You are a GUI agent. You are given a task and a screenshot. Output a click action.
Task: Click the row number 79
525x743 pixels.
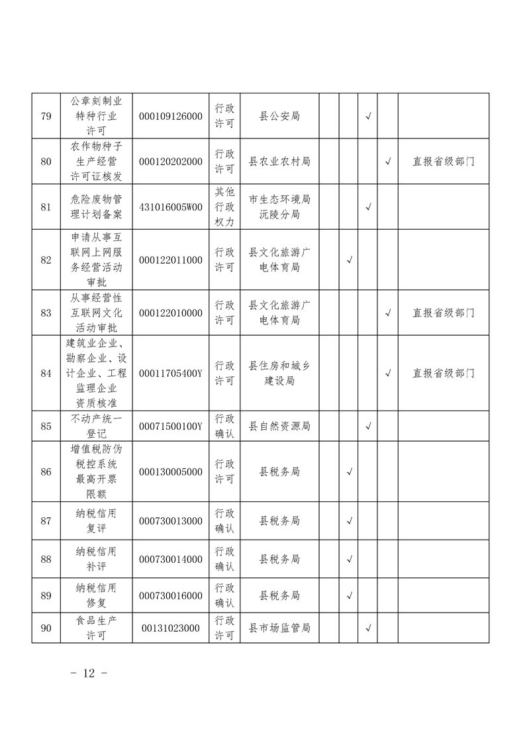(x=46, y=117)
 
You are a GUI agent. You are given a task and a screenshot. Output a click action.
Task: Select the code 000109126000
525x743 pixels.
(x=171, y=117)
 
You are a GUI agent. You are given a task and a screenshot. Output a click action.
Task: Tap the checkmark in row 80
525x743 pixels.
(x=388, y=161)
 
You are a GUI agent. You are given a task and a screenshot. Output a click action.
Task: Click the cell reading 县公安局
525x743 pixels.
(x=279, y=117)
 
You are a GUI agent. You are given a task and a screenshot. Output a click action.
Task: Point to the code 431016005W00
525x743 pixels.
(x=171, y=207)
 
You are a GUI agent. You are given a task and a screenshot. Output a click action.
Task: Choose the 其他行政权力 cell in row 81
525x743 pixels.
(x=224, y=207)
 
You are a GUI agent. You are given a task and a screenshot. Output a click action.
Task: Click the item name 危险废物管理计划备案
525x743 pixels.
(x=96, y=207)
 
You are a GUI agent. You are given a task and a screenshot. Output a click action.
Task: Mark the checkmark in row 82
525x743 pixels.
(x=349, y=260)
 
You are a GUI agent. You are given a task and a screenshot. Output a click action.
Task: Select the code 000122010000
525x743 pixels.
(x=171, y=313)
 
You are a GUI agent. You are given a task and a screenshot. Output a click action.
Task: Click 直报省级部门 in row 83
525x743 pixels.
(x=444, y=313)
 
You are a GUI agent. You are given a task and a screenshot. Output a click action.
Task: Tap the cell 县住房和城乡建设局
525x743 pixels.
(x=279, y=373)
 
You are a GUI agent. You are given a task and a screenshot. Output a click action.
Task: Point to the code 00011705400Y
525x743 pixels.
(x=171, y=373)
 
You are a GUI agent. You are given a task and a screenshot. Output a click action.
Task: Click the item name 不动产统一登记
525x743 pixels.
(x=96, y=426)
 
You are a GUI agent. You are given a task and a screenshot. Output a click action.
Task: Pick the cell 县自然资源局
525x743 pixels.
(x=279, y=426)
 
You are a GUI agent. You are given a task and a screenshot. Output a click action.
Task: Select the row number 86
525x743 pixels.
(x=46, y=472)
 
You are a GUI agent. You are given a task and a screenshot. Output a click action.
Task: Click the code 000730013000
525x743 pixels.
(x=171, y=521)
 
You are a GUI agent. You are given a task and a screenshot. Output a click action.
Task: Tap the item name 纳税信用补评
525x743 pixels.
(x=96, y=559)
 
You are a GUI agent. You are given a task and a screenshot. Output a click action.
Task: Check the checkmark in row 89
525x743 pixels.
(x=349, y=596)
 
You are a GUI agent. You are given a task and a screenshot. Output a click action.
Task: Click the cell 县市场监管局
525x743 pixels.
(x=279, y=628)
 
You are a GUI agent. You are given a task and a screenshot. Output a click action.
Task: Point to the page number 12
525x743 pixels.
(x=89, y=673)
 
